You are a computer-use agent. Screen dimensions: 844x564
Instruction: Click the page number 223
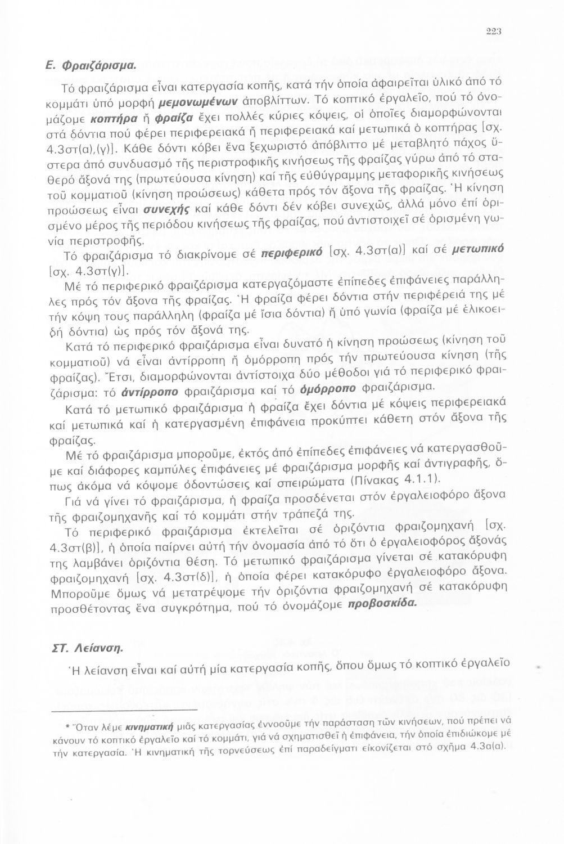[493, 31]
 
